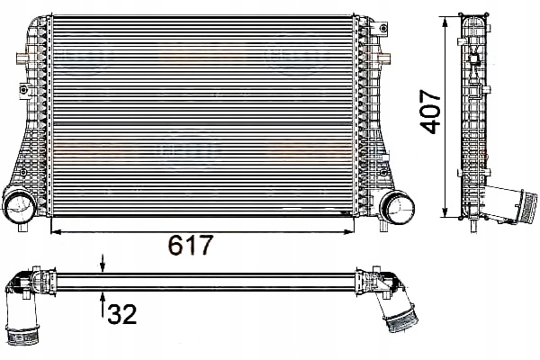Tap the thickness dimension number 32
(x=122, y=313)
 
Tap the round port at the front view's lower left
(x=20, y=207)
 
